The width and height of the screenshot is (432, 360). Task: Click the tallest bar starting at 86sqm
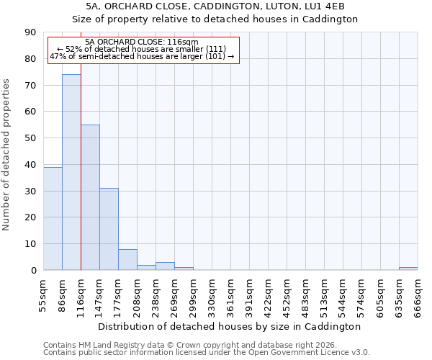71,172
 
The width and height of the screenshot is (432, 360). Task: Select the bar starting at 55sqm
53,218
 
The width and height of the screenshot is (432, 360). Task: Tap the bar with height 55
90,197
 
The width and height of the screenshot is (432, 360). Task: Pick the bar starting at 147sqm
109,229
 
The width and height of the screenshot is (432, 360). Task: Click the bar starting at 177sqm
127,259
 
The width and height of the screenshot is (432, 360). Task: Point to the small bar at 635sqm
408,269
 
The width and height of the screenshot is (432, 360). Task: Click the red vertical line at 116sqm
81,180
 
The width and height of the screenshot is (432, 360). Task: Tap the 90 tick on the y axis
31,32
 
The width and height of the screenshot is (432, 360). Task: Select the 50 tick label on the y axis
31,138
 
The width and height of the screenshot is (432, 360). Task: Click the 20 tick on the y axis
31,217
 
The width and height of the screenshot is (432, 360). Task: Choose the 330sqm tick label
212,295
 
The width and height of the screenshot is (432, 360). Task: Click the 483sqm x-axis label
305,295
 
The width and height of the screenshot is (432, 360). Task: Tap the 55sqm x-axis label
43,295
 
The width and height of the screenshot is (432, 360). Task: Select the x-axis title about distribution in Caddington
229,326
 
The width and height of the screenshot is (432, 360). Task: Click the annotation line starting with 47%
142,56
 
